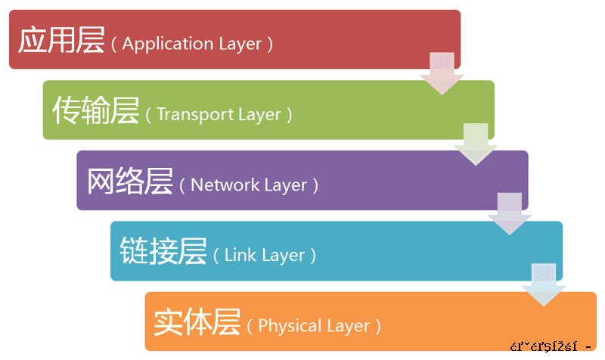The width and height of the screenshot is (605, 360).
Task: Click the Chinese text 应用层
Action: click(x=60, y=40)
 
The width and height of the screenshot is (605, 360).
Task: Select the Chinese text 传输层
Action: click(x=95, y=111)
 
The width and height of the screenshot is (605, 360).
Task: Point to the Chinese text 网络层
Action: click(x=129, y=182)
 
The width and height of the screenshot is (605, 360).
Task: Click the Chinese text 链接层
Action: click(x=163, y=252)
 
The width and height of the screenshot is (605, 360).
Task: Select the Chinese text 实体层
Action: click(x=197, y=322)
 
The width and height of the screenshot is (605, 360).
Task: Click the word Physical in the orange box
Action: click(x=290, y=326)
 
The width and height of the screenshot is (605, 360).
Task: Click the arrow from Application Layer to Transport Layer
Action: click(x=442, y=73)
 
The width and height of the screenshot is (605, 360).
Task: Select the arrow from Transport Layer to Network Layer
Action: click(x=476, y=143)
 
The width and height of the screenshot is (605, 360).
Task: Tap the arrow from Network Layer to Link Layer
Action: click(x=510, y=213)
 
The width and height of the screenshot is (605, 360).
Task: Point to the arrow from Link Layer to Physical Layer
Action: click(x=544, y=284)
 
